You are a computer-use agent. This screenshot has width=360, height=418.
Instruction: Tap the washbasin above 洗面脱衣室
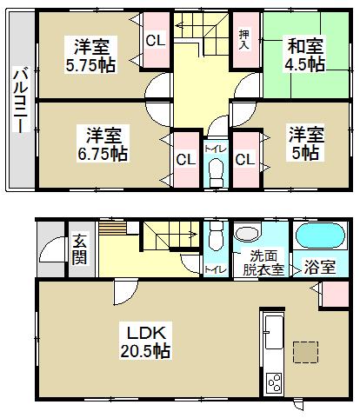coord(248,234)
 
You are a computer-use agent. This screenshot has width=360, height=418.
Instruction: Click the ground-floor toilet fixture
coord(215,237)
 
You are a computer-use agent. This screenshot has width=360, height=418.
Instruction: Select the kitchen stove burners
coord(274,382)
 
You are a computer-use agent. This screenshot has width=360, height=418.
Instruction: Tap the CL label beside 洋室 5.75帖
coord(156,40)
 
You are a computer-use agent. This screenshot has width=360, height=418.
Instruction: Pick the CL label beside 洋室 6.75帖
coord(184,159)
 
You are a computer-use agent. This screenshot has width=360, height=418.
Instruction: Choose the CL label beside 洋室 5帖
coord(243,159)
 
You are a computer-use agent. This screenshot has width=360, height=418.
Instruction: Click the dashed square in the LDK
coord(306,351)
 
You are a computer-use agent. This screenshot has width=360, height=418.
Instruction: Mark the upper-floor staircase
coord(199,35)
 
